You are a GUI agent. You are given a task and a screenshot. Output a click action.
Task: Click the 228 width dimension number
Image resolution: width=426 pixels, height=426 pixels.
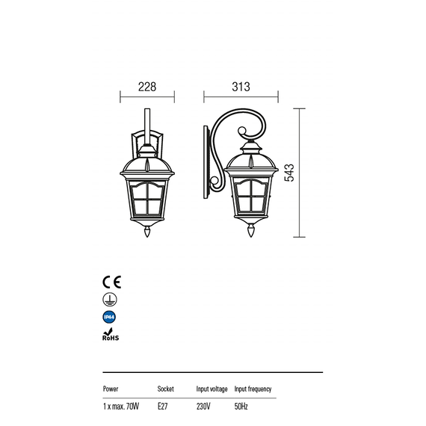coord(147,87)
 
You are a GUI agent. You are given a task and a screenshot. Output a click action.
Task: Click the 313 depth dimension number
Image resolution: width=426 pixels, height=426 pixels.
coord(241,87)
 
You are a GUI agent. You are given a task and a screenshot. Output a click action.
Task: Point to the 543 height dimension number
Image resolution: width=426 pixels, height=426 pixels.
coord(289,173)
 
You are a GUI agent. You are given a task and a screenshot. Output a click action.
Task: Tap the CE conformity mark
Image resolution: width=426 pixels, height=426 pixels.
coord(111,282)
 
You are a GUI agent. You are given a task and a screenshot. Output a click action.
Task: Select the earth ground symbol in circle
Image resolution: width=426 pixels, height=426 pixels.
coord(110,300)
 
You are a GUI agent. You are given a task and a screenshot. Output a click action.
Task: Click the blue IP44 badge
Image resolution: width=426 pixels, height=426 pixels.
coord(109,317)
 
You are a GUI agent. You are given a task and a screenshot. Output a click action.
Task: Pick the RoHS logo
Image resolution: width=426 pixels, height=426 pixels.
coord(111,334)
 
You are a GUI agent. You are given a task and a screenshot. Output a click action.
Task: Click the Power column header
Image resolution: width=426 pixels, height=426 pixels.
coord(111,389)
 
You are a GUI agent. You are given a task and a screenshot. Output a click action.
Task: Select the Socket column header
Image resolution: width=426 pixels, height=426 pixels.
coord(165,389)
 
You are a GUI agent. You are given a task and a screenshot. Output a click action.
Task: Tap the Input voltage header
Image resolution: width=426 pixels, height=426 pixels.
coord(212,389)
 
